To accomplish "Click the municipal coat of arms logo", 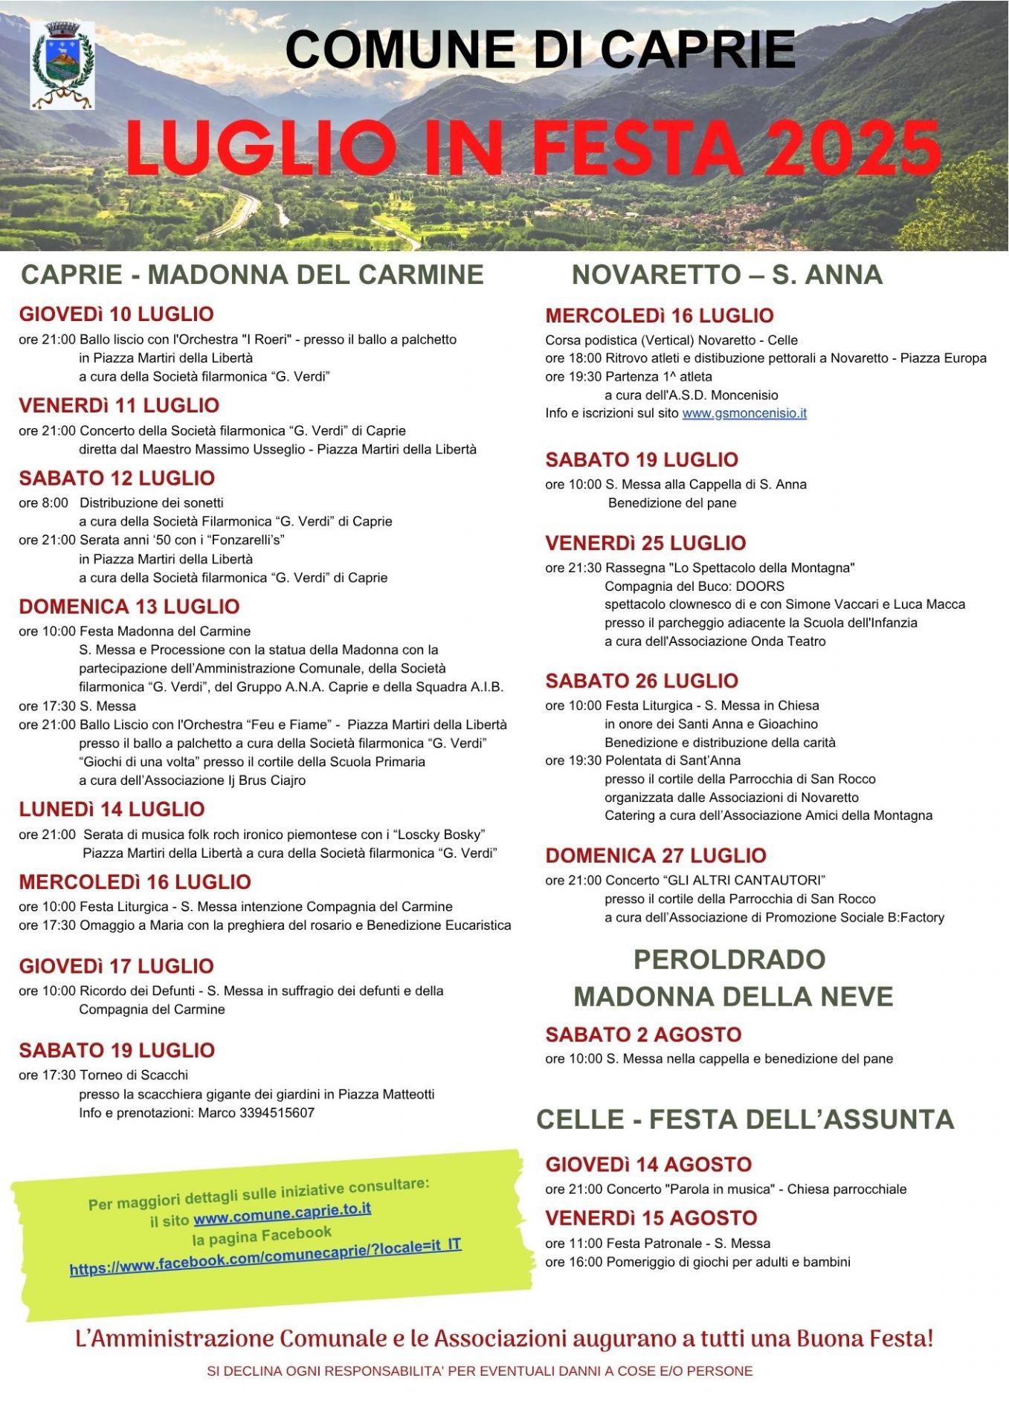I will coord(62,65).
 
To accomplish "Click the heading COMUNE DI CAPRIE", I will coord(541,51).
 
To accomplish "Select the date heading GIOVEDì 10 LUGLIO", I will coord(117,314).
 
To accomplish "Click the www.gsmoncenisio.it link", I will coord(744,413).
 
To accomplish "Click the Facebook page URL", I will coord(265,1257).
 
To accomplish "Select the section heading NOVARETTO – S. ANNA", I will coord(726,275).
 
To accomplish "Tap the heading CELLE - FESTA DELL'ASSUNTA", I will coord(744,1119).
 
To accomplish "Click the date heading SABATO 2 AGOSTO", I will coord(643,1035).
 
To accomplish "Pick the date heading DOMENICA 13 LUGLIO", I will coord(129,606).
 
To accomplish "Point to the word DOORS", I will coord(760,586).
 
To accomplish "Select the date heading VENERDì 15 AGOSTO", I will coord(651,1218).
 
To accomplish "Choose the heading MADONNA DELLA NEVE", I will coord(733,997).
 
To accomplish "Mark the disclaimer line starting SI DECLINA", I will coord(480,1371).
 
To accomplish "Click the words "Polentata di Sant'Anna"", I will coord(673,760).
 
